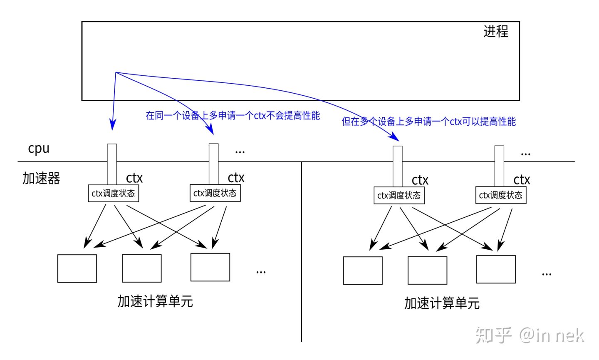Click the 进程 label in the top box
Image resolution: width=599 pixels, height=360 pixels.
coord(495,32)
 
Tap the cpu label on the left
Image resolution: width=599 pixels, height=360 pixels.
coord(39,149)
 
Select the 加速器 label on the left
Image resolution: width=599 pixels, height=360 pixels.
coord(41,178)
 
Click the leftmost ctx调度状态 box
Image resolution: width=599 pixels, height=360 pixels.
coord(113,194)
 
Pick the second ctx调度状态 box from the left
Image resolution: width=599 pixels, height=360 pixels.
coord(215,193)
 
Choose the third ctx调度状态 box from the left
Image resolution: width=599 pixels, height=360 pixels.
coord(399,196)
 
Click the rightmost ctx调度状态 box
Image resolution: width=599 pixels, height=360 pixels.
coord(501,195)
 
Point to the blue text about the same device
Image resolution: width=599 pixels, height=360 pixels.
coord(233,115)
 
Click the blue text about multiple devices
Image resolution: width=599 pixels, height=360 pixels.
coord(428,122)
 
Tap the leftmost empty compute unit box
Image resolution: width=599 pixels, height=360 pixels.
coord(77,268)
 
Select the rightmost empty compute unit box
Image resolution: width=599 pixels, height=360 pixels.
coord(496,269)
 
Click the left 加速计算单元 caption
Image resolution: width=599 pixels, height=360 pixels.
coord(155,301)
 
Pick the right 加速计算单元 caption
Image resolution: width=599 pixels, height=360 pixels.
coord(442,303)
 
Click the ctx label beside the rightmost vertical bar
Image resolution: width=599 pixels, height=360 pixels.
coord(522,180)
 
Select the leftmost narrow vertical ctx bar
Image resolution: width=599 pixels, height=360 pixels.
coord(112,164)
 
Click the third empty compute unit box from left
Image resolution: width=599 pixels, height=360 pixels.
coord(210,267)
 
